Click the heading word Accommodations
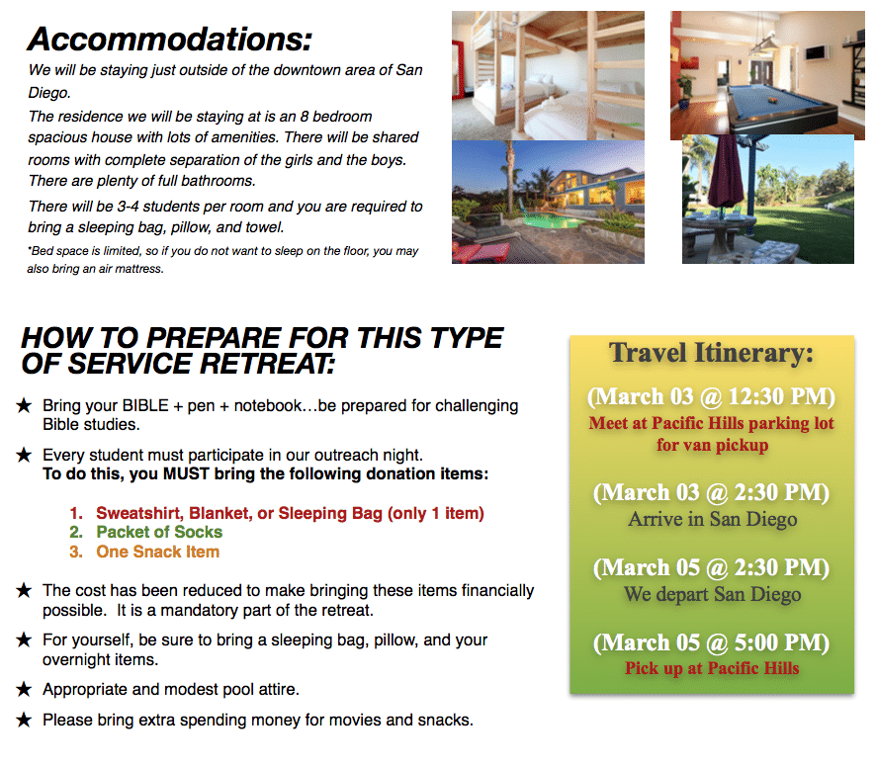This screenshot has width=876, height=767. tap(169, 40)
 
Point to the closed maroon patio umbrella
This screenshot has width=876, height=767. tap(726, 172)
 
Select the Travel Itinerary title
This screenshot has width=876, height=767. tap(711, 353)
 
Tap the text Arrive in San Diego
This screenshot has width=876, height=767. tap(712, 519)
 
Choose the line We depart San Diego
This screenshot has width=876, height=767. tap(712, 594)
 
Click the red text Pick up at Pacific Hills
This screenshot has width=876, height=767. tap(712, 668)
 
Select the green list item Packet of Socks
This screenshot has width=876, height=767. tap(159, 532)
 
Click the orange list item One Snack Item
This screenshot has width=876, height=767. tap(157, 552)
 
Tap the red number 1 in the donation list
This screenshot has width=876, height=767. tap(75, 513)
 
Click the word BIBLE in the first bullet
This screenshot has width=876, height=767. tap(145, 405)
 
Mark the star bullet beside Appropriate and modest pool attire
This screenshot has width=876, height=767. tap(24, 689)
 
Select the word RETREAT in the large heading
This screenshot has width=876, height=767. tap(267, 364)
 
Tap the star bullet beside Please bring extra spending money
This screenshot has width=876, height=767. tap(24, 720)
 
